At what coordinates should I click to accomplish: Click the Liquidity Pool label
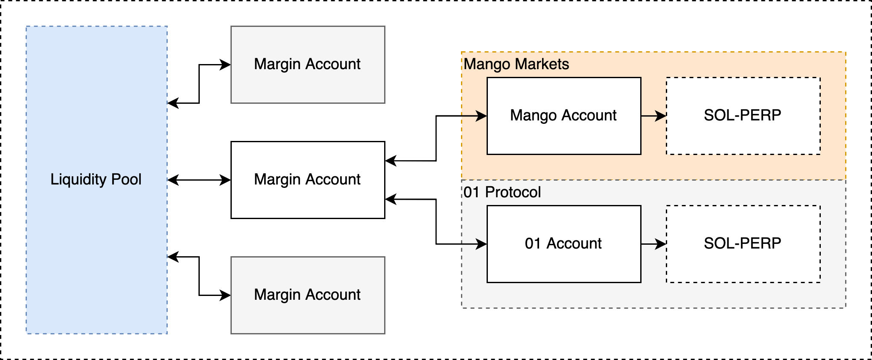[96, 179]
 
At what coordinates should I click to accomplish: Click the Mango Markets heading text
[516, 64]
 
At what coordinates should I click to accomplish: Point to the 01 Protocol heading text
[502, 192]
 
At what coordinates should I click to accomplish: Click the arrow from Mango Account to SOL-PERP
[653, 116]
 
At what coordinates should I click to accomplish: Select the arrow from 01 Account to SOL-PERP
[653, 244]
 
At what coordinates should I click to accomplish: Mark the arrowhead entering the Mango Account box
[481, 116]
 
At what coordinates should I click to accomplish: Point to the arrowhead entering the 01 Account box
[481, 244]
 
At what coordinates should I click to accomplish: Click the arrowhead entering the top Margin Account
[225, 64]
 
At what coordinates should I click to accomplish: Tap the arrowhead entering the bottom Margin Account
[225, 295]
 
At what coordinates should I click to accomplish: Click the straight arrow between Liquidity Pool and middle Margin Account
[199, 180]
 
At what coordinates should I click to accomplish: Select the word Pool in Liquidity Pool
[126, 179]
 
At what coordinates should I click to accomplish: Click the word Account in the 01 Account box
[574, 243]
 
